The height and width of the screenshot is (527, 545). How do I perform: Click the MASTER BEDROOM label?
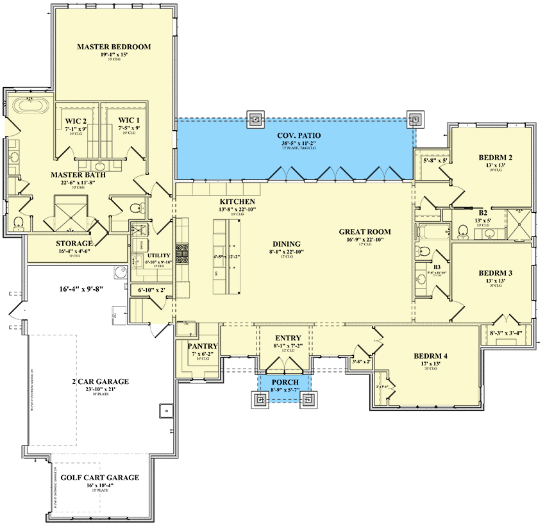(113, 47)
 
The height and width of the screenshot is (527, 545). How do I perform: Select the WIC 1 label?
(128, 120)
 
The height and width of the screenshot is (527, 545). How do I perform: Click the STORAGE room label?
(74, 244)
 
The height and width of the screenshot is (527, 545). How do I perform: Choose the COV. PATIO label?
(299, 135)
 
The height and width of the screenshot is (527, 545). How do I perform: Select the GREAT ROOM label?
(365, 232)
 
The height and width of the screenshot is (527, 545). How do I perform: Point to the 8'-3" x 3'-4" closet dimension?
(506, 333)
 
